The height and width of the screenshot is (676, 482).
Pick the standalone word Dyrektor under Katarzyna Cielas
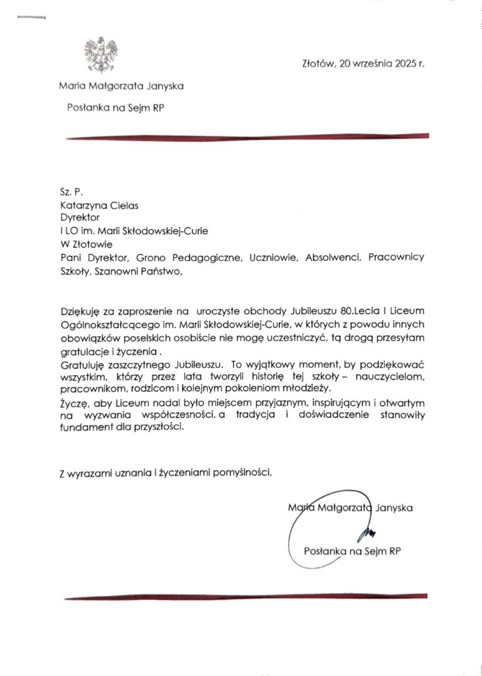pyautogui.click(x=75, y=217)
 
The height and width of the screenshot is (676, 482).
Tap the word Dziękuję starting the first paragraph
pyautogui.click(x=81, y=311)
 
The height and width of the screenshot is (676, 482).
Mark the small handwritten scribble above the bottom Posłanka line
pyautogui.click(x=368, y=534)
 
